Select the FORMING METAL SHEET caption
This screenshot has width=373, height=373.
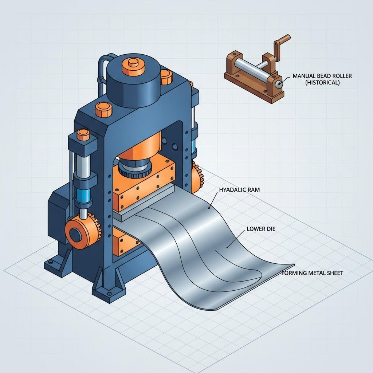click(312, 273)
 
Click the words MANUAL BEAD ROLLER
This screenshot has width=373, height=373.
click(319, 76)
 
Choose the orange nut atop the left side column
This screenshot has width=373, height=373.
click(83, 135)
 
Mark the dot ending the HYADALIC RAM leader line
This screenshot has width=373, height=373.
click(209, 209)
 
